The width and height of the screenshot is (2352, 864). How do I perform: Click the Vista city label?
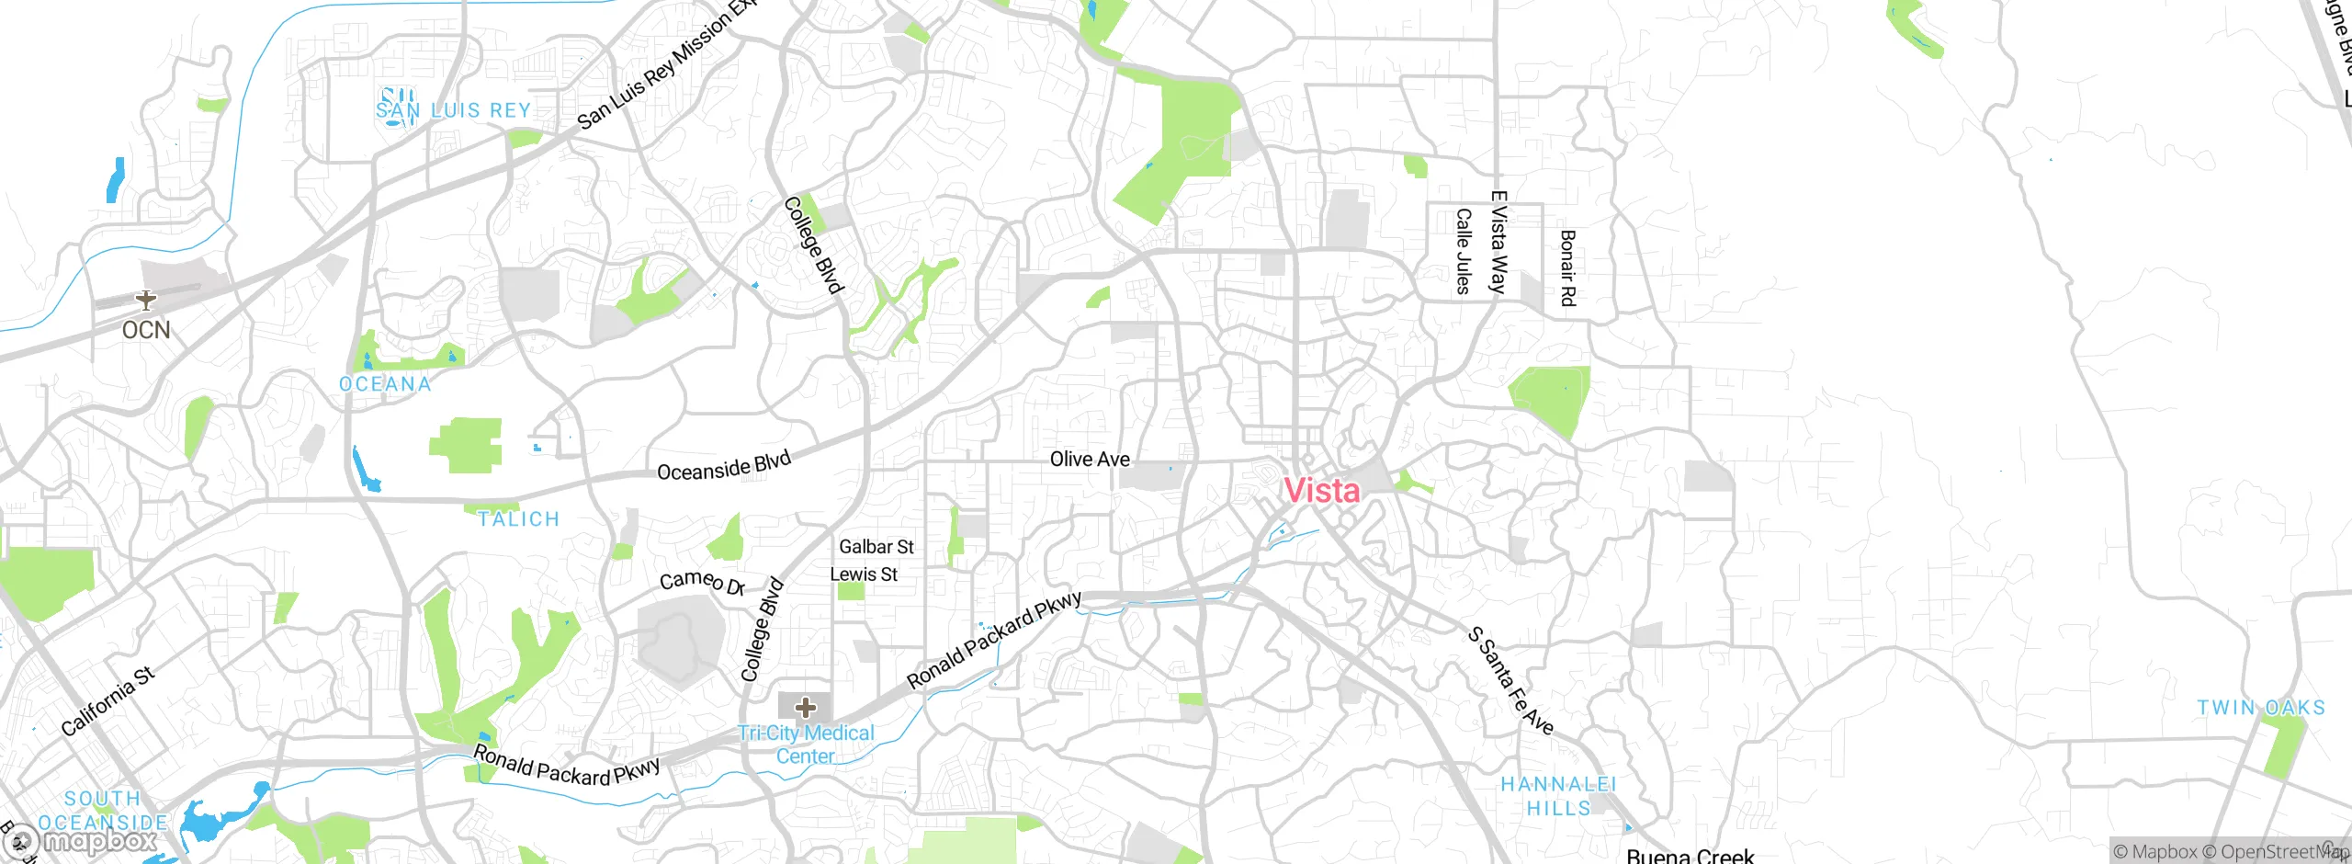[x=1321, y=491]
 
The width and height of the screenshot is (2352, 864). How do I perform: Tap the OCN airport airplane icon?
[x=145, y=300]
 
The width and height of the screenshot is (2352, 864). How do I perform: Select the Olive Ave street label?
[x=1090, y=459]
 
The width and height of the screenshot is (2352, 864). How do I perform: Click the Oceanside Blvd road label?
[x=724, y=466]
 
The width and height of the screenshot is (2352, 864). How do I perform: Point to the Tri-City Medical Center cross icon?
[x=806, y=707]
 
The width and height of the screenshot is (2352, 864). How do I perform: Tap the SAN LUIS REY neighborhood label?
[x=454, y=110]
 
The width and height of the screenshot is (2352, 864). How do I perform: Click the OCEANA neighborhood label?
[x=385, y=384]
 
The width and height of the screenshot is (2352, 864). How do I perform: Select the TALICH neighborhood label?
[x=518, y=519]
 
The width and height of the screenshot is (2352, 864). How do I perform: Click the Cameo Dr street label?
[x=702, y=582]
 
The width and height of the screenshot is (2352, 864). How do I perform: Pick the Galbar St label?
[x=876, y=547]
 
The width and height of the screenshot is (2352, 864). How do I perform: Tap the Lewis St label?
[x=863, y=574]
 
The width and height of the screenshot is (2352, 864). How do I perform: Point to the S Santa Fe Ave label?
[x=1510, y=681]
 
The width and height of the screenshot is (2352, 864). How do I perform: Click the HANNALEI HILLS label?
[x=1558, y=796]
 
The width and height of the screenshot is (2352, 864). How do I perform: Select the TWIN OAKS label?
[x=2261, y=708]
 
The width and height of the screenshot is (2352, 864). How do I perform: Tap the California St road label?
[x=107, y=701]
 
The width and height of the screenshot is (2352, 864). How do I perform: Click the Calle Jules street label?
[x=1464, y=251]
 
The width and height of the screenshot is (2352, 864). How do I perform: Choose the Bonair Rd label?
[x=1567, y=267]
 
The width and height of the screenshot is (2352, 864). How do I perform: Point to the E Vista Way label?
[x=1498, y=242]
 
